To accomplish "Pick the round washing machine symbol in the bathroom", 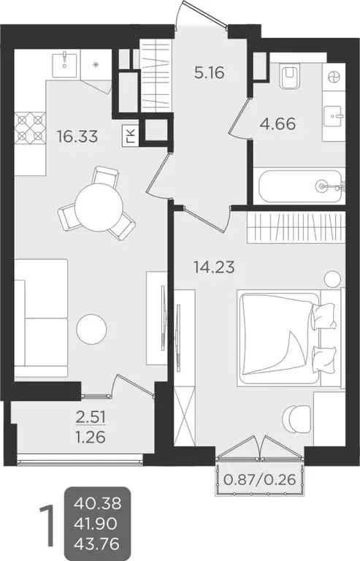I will [334, 77].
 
